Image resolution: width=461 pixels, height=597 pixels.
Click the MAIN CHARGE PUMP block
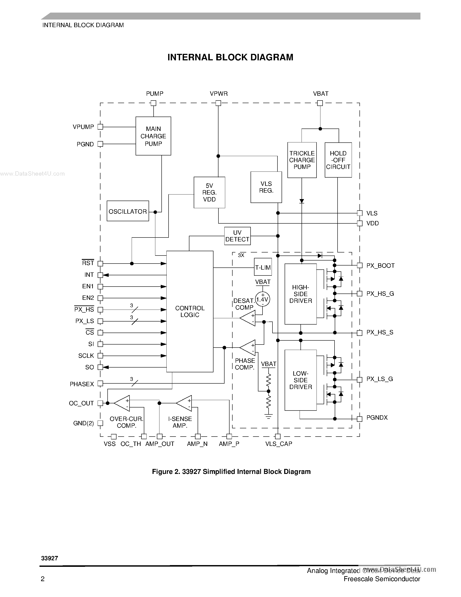pyautogui.click(x=153, y=136)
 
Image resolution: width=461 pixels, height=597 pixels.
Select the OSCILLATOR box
pyautogui.click(x=128, y=211)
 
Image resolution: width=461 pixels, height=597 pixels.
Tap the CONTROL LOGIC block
pyautogui.click(x=190, y=311)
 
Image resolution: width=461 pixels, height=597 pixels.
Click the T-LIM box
pyautogui.click(x=263, y=267)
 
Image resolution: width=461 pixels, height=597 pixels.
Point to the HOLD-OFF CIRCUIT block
pyautogui.click(x=338, y=160)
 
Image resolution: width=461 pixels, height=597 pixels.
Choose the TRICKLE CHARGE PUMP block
pyautogui.click(x=302, y=160)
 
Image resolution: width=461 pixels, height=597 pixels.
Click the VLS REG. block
pyautogui.click(x=266, y=187)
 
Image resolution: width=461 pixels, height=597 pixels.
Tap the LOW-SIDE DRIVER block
pyautogui.click(x=300, y=380)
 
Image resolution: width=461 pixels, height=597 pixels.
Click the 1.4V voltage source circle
pyautogui.click(x=262, y=299)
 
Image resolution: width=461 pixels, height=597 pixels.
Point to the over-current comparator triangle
pyautogui.click(x=123, y=403)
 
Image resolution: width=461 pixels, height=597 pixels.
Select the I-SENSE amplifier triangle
pyautogui.click(x=185, y=403)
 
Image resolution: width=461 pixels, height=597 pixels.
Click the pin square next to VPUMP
pyautogui.click(x=100, y=127)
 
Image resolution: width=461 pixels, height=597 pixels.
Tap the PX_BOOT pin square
pyautogui.click(x=360, y=266)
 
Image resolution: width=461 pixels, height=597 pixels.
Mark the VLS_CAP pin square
pyautogui.click(x=278, y=437)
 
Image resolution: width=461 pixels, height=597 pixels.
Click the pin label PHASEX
pyautogui.click(x=82, y=384)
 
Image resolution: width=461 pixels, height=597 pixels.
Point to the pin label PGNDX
pyautogui.click(x=377, y=417)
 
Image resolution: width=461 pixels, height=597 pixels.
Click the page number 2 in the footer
pyautogui.click(x=43, y=579)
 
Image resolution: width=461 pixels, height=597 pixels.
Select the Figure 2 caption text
pyautogui.click(x=231, y=472)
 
